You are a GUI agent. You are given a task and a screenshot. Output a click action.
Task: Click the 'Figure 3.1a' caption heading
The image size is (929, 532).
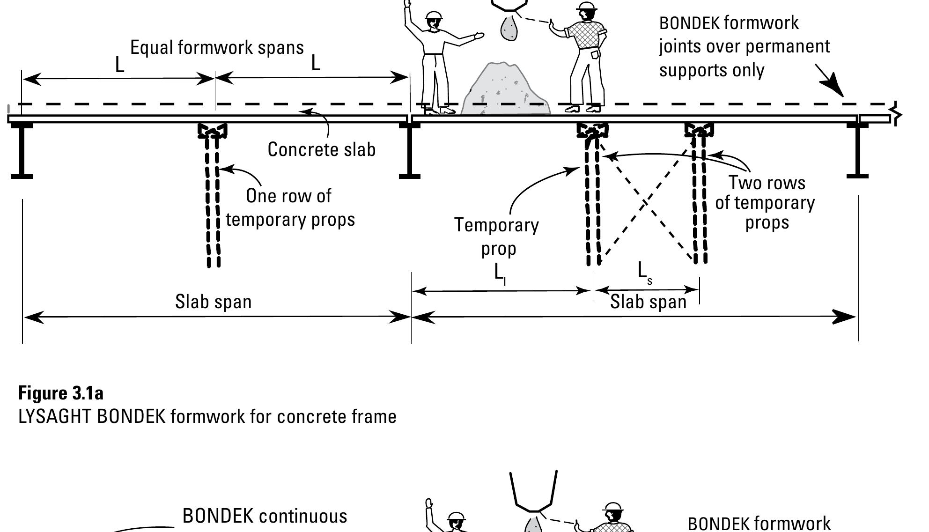61,392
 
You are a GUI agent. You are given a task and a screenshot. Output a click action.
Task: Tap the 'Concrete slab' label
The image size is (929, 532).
321,150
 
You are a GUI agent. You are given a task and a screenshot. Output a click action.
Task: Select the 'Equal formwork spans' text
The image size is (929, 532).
217,48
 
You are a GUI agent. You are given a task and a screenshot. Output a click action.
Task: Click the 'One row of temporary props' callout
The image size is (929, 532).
290,207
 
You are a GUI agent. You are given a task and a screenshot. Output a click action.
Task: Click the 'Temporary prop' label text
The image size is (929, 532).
497,236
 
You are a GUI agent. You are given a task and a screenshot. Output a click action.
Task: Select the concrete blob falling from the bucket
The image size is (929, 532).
509,29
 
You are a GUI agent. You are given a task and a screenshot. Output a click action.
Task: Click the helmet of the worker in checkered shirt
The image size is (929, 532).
587,7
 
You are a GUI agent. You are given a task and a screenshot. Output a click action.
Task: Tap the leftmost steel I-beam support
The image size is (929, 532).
22,150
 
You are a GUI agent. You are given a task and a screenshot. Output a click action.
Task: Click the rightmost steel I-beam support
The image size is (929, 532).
858,150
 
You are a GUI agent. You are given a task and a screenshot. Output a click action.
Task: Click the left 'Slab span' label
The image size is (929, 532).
213,302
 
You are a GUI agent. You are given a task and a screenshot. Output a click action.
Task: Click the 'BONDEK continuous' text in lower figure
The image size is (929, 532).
265,516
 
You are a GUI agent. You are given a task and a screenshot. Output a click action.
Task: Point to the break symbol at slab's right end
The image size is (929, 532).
896,113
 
